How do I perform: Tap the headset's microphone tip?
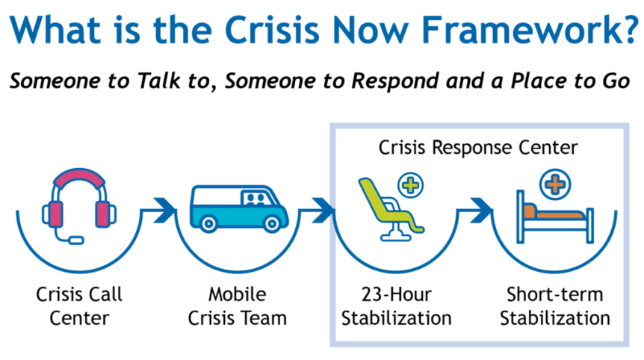75,240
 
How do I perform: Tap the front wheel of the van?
268,223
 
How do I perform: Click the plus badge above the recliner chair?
410,184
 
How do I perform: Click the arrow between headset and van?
159,210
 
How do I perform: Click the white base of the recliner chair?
391,237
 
